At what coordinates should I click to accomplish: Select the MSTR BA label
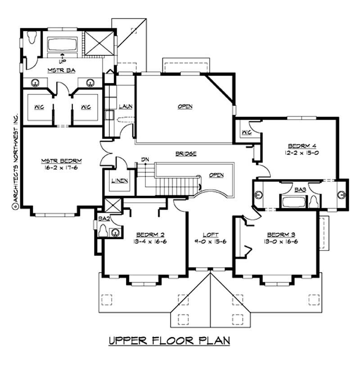(58, 71)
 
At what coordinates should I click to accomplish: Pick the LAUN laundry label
(125, 107)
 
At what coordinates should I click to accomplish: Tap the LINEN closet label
(119, 181)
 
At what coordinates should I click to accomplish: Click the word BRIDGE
(185, 153)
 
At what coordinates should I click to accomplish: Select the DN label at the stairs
(144, 159)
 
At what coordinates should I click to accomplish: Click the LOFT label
(210, 234)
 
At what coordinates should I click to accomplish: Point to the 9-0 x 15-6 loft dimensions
(210, 242)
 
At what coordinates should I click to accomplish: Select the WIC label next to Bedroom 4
(246, 132)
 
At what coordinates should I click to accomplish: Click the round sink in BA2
(116, 233)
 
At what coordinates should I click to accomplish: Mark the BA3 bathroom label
(300, 190)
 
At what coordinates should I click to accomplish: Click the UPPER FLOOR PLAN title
(169, 340)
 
